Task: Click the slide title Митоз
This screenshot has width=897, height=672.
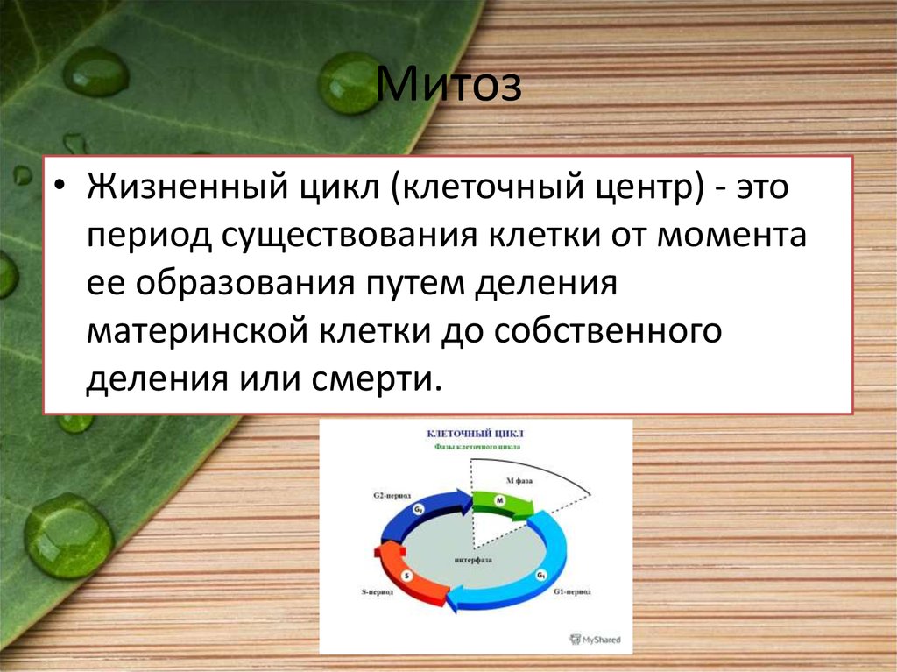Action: [x=449, y=88]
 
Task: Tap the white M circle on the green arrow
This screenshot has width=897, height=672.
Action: [x=500, y=499]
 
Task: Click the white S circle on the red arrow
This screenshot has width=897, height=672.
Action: [x=406, y=575]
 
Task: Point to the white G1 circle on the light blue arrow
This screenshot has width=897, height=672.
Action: [x=540, y=576]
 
